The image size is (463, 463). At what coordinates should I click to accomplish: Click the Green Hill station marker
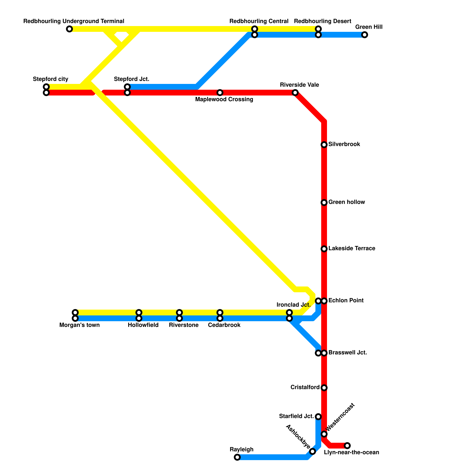365,35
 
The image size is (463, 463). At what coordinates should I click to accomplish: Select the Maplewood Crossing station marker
220,93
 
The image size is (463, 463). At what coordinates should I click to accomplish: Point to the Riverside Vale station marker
295,93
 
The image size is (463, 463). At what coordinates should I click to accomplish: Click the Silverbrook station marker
324,145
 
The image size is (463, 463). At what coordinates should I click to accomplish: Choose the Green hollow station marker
324,203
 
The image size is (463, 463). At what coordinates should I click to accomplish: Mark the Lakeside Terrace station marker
324,249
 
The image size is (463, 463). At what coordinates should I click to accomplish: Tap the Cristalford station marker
324,388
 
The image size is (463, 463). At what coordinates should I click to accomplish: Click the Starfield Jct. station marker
318,417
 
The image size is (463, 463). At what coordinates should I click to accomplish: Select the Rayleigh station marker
237,457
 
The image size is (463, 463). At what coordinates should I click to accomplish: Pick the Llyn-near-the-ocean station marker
347,446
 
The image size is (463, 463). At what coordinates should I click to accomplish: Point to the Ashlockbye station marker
313,451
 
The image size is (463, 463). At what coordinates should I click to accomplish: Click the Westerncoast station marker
324,434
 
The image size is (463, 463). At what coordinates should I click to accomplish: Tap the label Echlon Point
346,300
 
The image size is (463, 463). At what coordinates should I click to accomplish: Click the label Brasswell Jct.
348,353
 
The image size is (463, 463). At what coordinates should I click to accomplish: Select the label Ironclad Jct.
293,305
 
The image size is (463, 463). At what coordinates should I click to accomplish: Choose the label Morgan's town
79,325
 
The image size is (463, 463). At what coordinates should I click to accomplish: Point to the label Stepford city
50,79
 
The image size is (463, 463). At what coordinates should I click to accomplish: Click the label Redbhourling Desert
322,21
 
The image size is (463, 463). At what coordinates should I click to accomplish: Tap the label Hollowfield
143,325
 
